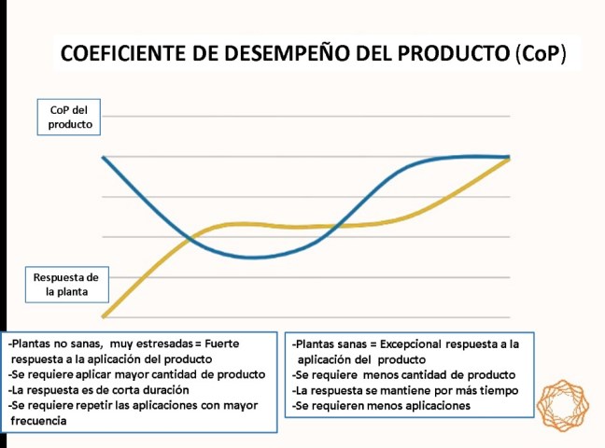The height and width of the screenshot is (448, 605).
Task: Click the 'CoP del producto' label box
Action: click(69, 118)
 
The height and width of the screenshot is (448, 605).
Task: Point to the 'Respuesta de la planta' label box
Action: click(65, 284)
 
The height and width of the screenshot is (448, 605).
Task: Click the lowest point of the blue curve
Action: click(252, 258)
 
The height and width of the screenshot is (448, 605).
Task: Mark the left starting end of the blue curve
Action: click(103, 157)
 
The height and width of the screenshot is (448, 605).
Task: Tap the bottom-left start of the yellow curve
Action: click(104, 316)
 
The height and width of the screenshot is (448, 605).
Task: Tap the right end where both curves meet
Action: click(509, 157)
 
